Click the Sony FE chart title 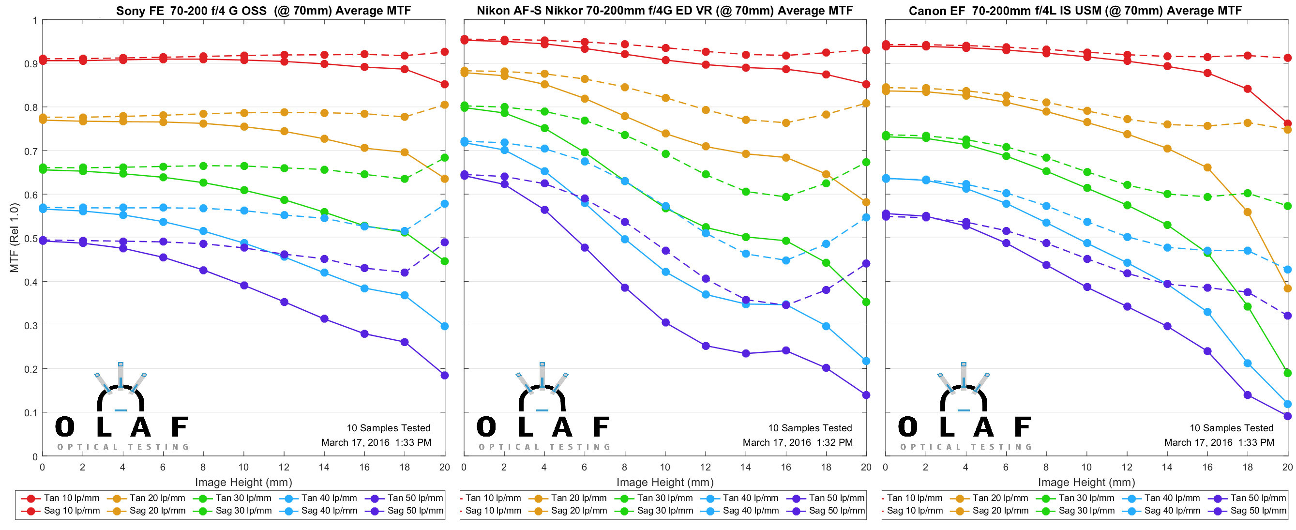263,11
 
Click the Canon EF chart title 1075,11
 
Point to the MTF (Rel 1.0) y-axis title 14,238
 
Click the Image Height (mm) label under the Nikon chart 664,482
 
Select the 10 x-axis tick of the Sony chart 243,467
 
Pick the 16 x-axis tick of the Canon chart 1207,467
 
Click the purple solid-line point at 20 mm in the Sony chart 444,375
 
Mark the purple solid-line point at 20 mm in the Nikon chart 866,395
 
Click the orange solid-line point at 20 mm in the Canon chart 1287,288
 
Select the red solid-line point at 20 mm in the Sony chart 444,84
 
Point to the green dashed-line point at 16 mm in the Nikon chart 785,197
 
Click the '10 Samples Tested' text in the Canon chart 1231,428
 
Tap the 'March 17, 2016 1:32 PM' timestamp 798,442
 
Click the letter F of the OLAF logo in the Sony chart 179,427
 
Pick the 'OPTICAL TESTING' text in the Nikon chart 544,447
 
